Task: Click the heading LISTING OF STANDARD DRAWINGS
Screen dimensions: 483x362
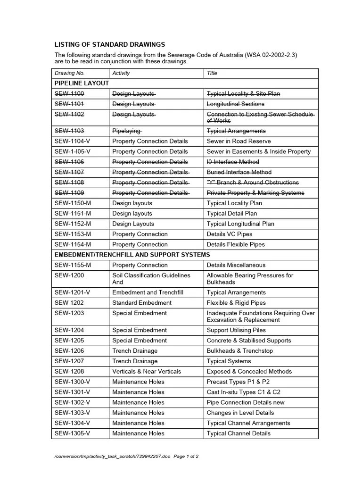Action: pos(110,45)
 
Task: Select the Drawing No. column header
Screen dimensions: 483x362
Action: pos(69,73)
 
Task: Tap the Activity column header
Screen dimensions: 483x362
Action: pos(121,73)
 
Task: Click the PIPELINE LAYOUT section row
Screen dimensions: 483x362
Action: pos(82,83)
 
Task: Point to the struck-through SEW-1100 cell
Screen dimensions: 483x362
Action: pos(69,94)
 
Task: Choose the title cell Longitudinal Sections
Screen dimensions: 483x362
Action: pos(236,104)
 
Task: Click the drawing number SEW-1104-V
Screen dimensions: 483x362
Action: pos(73,141)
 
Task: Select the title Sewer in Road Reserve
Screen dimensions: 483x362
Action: pos(239,141)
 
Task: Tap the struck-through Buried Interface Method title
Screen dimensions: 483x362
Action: pos(239,172)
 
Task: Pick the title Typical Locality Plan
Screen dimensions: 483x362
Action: pos(234,203)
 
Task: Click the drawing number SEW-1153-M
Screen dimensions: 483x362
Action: pos(73,234)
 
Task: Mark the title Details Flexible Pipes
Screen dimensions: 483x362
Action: pos(236,245)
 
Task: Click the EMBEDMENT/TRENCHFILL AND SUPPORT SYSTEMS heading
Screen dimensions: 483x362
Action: pos(132,255)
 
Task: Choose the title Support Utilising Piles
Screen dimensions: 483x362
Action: pos(236,330)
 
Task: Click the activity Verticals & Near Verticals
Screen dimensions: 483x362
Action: pos(147,372)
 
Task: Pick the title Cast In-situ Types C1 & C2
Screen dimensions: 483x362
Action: pos(243,392)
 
